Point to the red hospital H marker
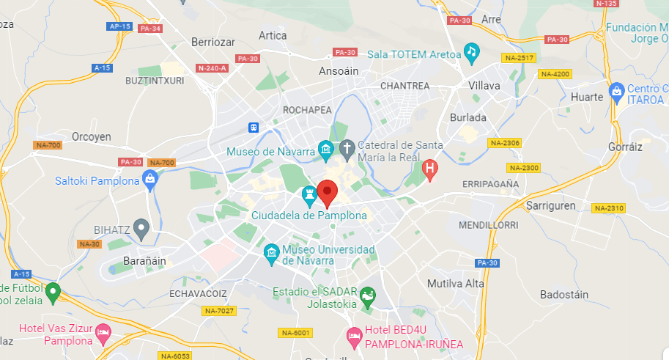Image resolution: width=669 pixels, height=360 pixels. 431,171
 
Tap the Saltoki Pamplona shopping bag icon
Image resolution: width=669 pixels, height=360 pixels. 150,178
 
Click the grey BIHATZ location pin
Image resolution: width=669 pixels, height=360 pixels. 141,228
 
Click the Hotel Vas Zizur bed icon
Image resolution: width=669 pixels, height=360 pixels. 103,335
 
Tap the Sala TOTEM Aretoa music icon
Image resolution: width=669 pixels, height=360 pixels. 472,52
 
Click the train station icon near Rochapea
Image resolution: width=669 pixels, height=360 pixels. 254,127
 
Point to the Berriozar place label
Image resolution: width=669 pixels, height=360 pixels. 212,42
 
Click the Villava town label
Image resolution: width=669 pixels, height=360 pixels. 484,86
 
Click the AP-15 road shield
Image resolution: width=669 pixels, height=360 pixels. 119,26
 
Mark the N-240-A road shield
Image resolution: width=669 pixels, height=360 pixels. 212,68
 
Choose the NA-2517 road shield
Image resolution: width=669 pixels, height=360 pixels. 519,57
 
